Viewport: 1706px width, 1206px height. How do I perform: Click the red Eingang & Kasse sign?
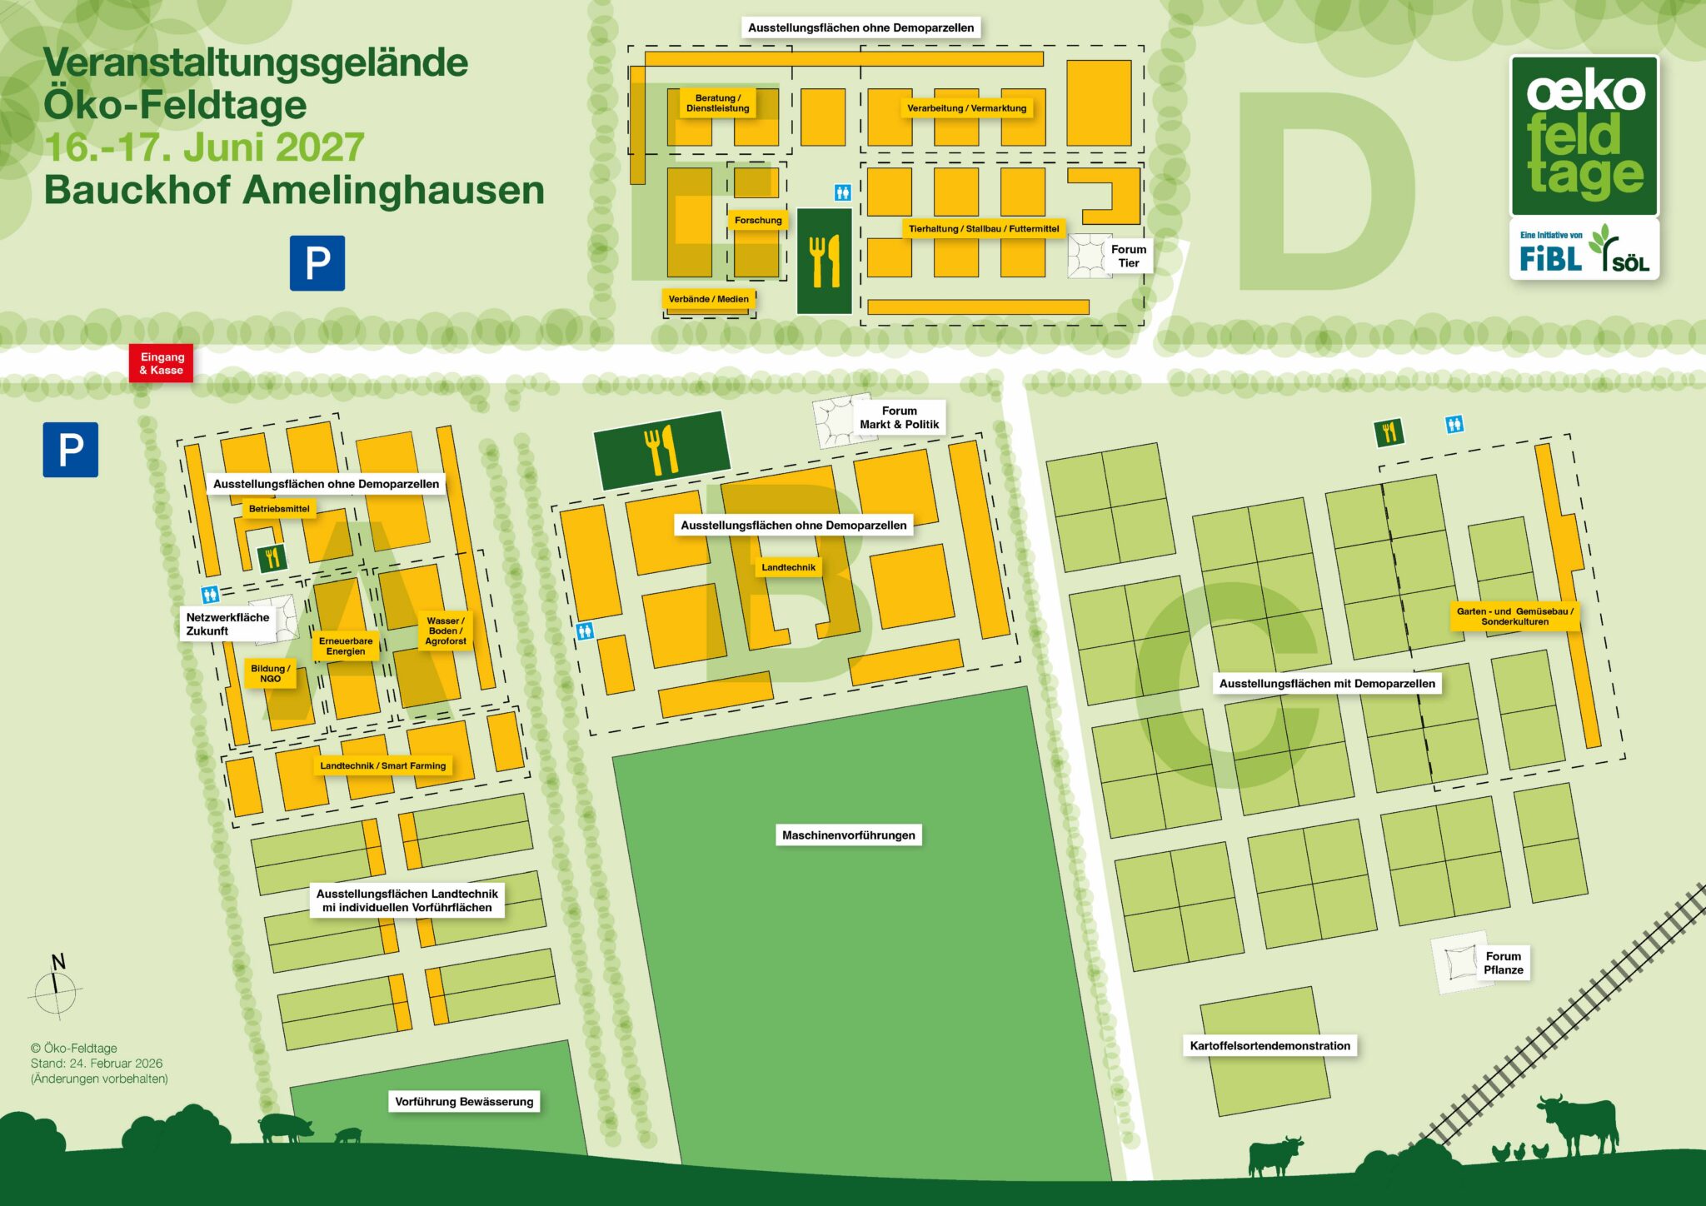[x=161, y=364]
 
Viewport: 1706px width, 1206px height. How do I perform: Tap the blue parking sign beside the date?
[x=317, y=263]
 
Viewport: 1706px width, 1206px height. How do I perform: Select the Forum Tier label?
[x=1128, y=256]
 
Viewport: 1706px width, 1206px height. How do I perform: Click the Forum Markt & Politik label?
[x=899, y=417]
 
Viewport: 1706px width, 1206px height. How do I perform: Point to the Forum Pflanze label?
[x=1503, y=963]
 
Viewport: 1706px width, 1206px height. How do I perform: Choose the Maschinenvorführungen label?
[x=848, y=835]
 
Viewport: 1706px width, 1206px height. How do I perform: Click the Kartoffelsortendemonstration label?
[x=1270, y=1046]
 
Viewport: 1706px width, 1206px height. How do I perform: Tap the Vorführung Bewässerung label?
[x=464, y=1102]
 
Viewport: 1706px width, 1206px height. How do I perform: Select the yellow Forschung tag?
[x=758, y=221]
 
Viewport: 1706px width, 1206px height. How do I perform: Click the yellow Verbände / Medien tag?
[x=709, y=299]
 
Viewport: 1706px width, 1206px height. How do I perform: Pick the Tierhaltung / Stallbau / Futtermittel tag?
[x=983, y=229]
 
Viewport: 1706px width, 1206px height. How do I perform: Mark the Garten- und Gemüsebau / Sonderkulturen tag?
[x=1514, y=616]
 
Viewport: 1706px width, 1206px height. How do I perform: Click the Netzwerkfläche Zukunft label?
[x=227, y=624]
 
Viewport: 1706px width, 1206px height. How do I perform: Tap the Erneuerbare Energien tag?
[x=346, y=646]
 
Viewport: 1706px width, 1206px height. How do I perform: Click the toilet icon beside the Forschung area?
[x=842, y=193]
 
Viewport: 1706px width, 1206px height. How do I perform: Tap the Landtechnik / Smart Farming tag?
[x=383, y=765]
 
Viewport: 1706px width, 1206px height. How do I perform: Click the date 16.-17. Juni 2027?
[x=204, y=147]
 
